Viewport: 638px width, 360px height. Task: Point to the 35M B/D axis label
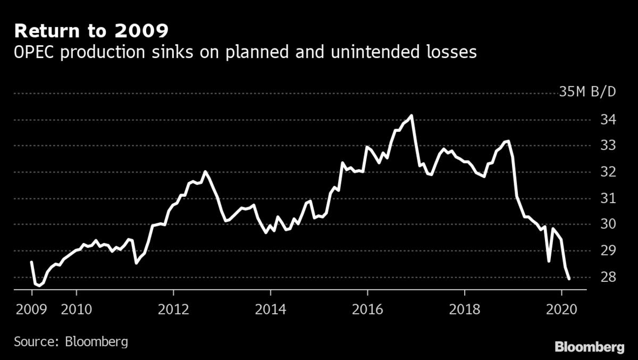click(587, 93)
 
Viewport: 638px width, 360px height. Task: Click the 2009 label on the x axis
click(31, 308)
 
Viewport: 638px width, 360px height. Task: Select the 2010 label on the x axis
click(77, 308)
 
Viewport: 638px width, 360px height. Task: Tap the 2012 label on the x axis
click(173, 308)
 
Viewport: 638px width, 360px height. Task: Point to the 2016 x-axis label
click(367, 308)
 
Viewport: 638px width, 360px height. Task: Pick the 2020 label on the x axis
click(562, 308)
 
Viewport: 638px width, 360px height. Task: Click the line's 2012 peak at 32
click(205, 172)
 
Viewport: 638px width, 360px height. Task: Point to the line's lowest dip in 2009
click(38, 285)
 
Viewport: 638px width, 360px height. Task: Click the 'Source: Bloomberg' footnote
click(71, 341)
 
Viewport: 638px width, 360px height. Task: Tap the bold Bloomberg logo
click(590, 347)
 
